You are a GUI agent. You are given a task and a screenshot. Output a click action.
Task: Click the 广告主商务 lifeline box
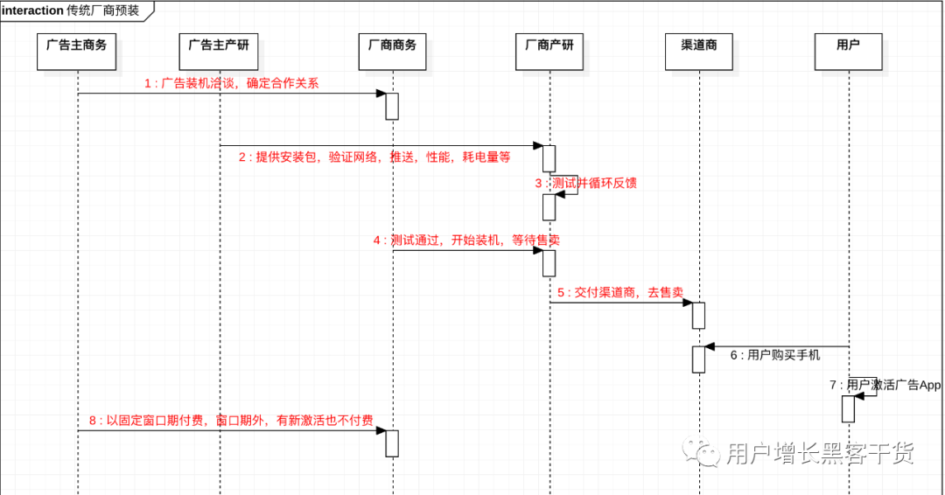click(77, 52)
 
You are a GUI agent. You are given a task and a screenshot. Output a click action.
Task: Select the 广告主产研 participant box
click(219, 52)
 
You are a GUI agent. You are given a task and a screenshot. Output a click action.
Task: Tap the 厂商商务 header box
click(393, 52)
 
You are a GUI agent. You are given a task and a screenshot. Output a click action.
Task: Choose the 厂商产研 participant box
click(549, 52)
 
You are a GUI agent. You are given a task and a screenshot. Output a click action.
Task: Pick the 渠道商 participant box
click(699, 52)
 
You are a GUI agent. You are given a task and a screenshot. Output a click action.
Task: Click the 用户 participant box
click(848, 52)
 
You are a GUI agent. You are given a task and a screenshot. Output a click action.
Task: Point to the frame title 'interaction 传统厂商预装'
click(70, 10)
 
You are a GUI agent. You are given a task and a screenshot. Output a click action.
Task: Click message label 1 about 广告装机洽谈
click(232, 84)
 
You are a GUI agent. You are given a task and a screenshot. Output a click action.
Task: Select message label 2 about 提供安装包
click(374, 157)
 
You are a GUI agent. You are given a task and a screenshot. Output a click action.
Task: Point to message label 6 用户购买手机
click(775, 356)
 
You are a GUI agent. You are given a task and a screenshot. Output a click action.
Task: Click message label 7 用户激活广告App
click(885, 385)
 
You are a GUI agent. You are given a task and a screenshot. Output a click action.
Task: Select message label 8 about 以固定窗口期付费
click(231, 421)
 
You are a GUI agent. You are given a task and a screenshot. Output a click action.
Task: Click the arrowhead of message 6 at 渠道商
click(710, 347)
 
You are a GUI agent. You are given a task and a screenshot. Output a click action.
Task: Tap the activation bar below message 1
click(392, 106)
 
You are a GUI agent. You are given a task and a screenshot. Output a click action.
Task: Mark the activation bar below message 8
click(392, 443)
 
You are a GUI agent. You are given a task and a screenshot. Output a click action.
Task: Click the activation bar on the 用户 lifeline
click(848, 408)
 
